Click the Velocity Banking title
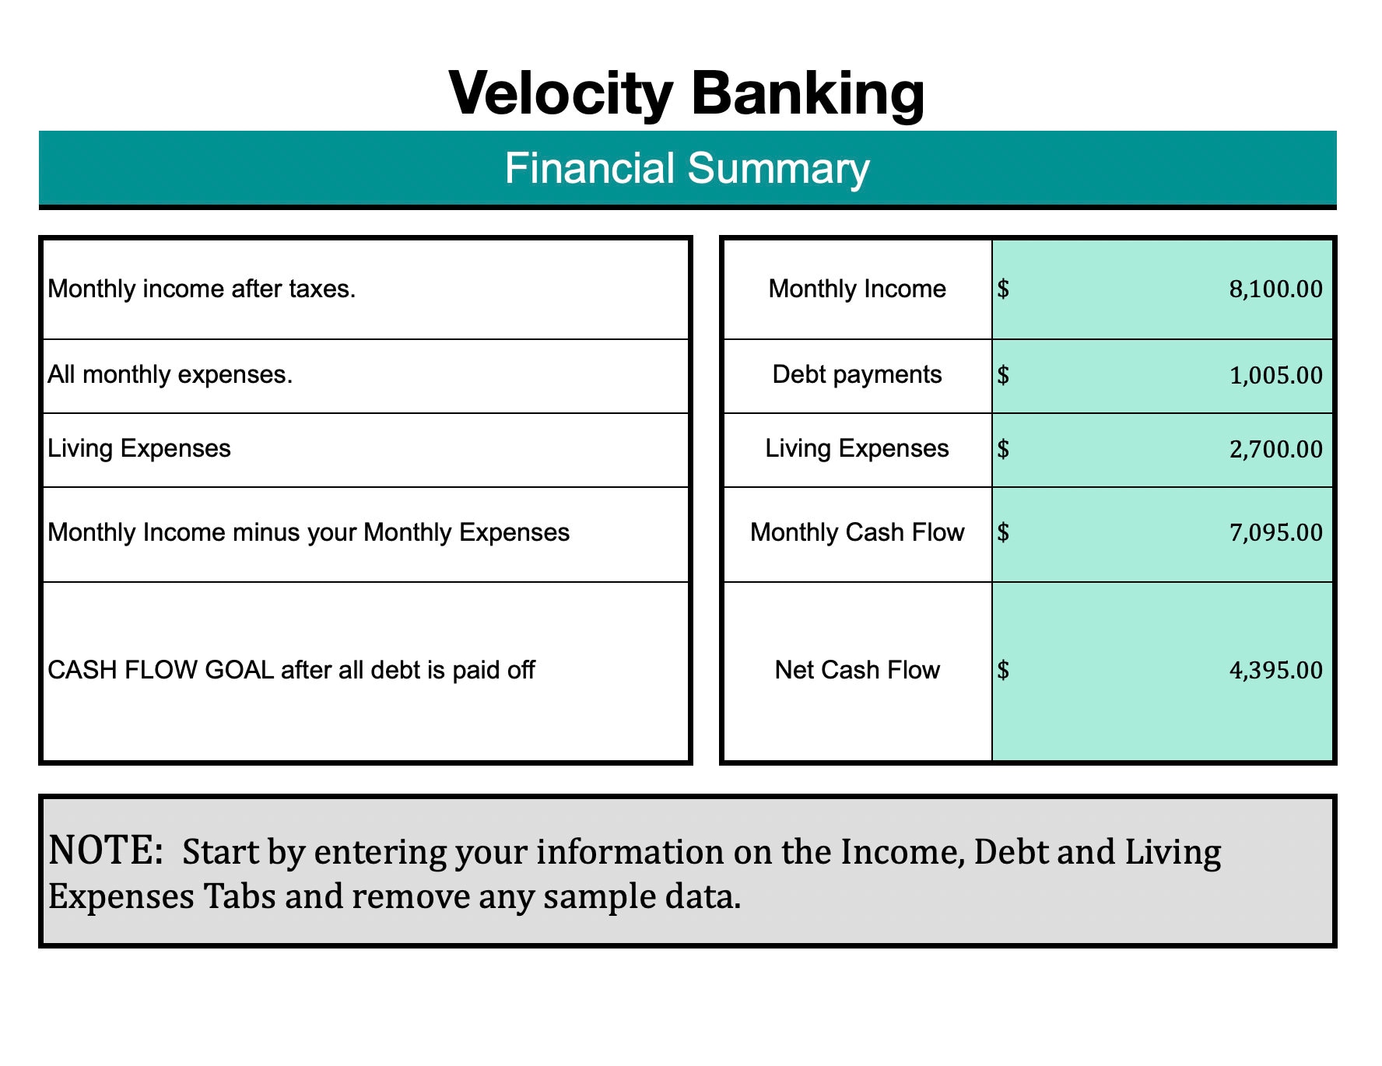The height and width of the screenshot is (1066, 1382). pos(686,93)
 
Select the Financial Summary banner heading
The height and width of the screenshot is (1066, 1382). pos(686,168)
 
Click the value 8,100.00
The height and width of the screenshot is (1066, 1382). pos(1275,289)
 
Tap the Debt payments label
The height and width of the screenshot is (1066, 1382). pos(857,375)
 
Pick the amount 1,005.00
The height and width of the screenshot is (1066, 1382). pos(1275,376)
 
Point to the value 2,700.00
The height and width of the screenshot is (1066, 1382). pos(1275,450)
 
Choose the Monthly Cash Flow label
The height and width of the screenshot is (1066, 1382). pos(857,533)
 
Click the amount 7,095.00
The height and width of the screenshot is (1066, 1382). pos(1275,533)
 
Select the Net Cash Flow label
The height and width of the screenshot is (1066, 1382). pos(857,671)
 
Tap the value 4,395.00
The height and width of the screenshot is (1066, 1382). pos(1275,671)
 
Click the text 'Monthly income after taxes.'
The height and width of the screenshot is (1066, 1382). pos(202,289)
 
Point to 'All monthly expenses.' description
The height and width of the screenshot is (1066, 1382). pos(170,375)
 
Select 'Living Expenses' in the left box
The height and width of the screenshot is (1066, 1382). pos(139,449)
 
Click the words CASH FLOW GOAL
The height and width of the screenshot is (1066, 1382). pos(160,671)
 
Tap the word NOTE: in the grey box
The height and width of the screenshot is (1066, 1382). pos(105,850)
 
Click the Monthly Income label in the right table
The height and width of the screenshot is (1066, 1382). pos(857,289)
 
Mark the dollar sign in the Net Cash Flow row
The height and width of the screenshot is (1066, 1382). pos(1003,671)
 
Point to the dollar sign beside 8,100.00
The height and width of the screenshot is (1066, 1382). pos(1003,289)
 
